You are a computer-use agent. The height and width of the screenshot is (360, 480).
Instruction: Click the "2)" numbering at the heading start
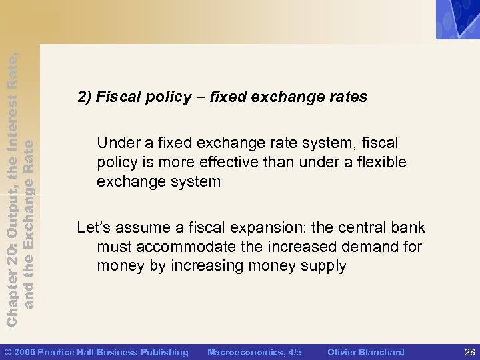click(x=85, y=97)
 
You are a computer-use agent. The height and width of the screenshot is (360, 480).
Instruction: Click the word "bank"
click(x=405, y=228)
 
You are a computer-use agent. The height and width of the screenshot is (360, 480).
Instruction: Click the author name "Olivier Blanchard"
click(x=366, y=352)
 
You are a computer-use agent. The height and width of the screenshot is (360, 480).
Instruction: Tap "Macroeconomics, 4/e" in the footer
click(x=255, y=352)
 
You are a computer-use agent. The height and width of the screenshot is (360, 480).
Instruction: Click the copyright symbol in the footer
click(x=7, y=352)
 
